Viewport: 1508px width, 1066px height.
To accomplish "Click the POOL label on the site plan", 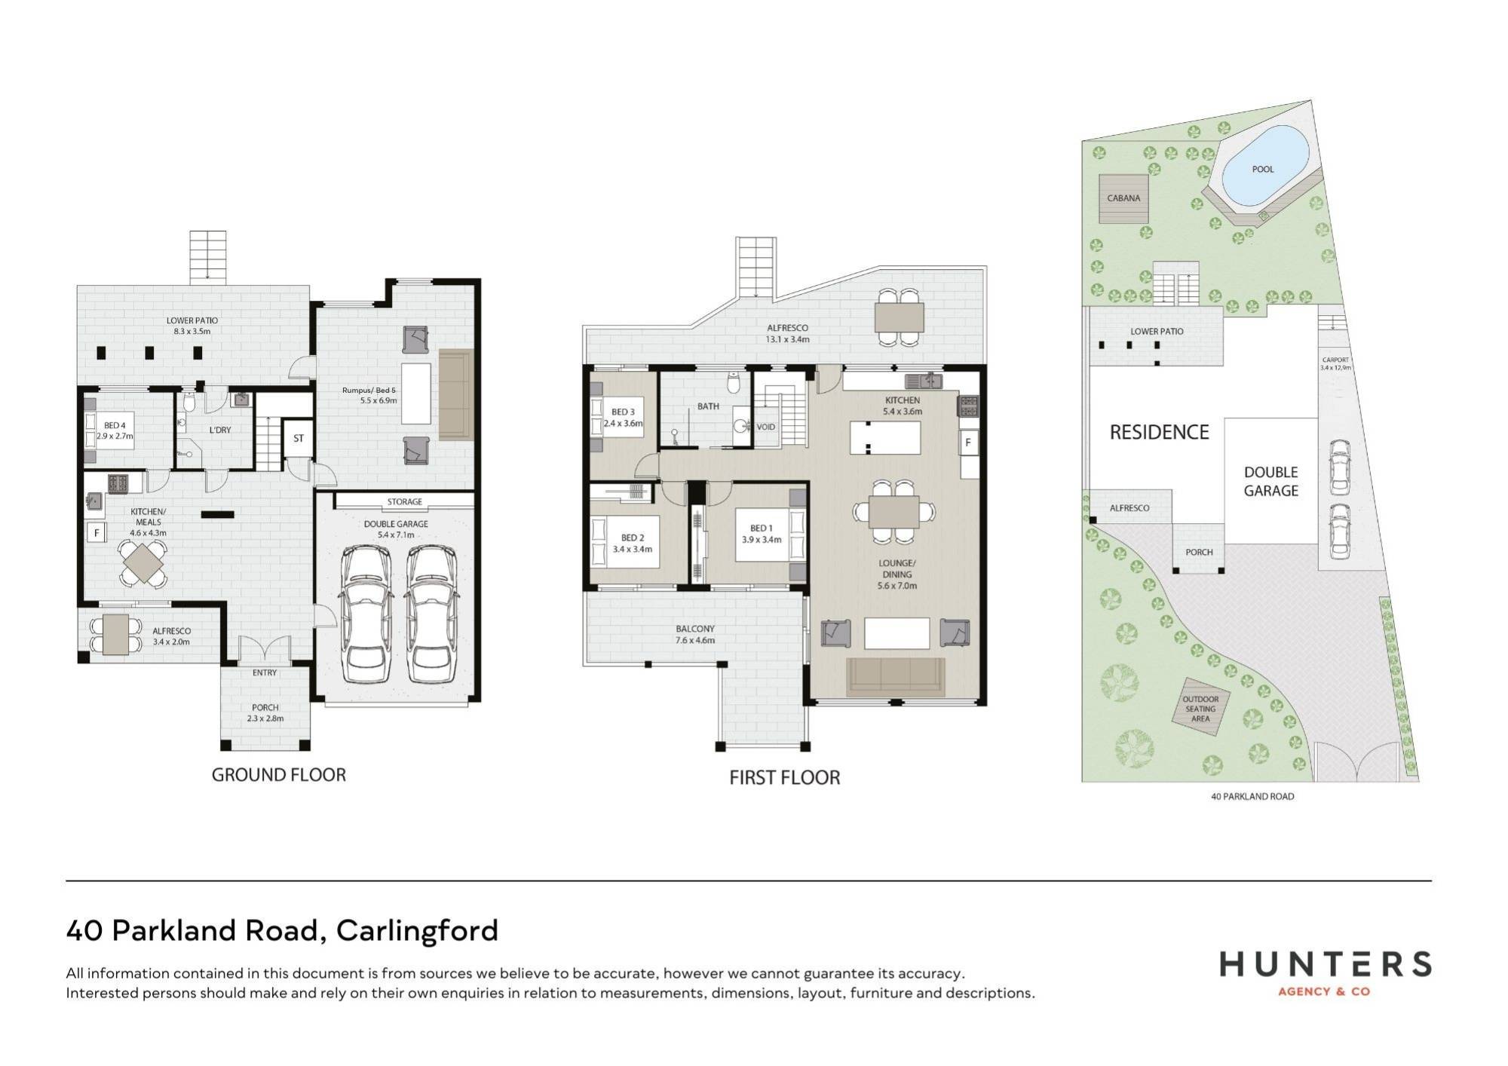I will [1263, 170].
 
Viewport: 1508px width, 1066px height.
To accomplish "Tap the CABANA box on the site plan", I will [1123, 198].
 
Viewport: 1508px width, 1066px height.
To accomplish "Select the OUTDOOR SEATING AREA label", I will [1200, 709].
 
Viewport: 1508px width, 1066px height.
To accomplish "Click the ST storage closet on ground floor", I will [299, 438].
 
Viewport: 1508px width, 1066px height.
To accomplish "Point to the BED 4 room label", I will [115, 426].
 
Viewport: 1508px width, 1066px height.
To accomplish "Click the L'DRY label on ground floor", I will [220, 430].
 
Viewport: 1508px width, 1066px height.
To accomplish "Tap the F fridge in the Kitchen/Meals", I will [97, 533].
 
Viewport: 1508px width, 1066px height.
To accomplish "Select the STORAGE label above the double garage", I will [405, 501].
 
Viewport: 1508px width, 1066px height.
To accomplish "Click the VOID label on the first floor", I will [766, 427].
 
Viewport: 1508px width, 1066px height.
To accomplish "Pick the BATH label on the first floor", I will [708, 406].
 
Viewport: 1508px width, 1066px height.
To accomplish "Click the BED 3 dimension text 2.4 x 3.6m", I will [623, 424].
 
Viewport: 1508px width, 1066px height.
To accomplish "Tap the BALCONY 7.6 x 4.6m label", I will [695, 634].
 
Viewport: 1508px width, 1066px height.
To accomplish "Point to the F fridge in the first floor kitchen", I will [968, 443].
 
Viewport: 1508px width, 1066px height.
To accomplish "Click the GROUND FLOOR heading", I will [278, 775].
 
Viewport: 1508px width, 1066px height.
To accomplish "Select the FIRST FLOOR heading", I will [784, 778].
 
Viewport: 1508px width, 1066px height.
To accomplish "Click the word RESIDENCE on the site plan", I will [1159, 432].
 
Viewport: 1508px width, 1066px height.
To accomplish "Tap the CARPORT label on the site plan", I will [1335, 360].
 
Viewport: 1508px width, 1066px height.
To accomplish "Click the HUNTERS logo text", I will [1325, 965].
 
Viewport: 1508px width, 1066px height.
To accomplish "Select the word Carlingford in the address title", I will [417, 930].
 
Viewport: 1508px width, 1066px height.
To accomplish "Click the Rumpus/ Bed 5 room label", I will [369, 391].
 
